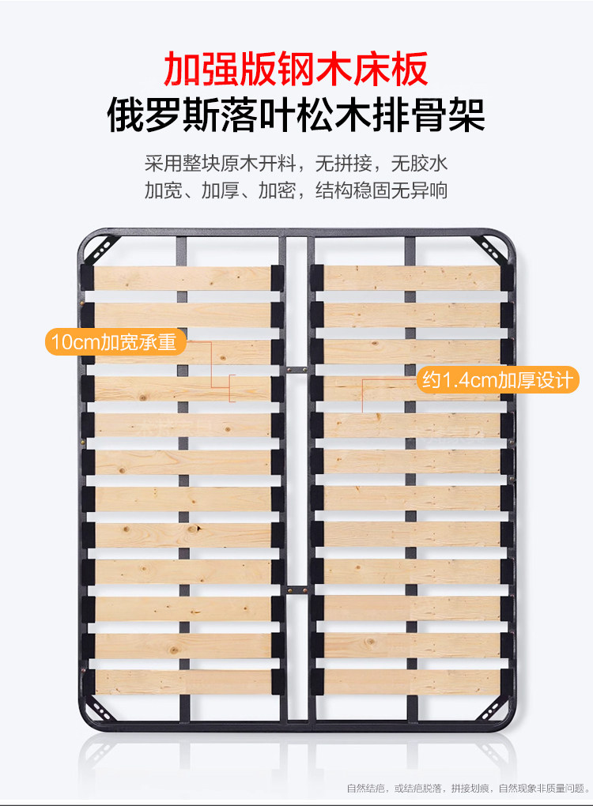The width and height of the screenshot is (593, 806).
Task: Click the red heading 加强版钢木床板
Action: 296,70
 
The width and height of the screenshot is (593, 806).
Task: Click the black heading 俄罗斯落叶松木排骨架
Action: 296,115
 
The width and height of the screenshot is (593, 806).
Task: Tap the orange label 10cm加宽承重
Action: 114,343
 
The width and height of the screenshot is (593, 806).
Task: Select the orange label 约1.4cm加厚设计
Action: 497,380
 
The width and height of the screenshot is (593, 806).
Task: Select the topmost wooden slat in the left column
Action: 183,278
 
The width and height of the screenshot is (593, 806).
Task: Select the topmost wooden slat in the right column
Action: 412,278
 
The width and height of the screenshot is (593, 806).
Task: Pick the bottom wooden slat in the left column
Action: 183,682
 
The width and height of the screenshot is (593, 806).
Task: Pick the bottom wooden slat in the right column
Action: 412,682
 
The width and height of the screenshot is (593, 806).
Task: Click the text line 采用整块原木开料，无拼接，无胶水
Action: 296,165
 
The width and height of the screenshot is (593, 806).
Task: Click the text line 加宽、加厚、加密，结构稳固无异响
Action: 296,191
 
